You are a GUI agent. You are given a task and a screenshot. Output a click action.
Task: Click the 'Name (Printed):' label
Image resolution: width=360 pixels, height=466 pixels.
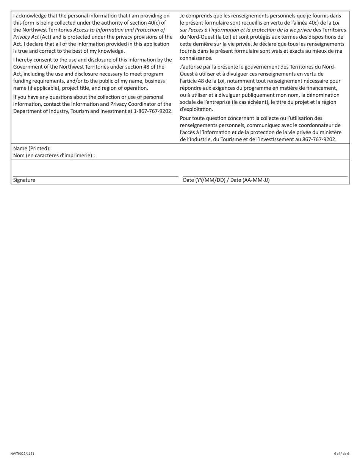click(32, 149)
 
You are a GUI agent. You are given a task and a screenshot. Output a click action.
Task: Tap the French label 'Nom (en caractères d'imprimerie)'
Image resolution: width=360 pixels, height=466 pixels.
click(54, 155)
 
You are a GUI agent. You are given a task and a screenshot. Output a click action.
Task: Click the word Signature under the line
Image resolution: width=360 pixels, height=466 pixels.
click(24, 180)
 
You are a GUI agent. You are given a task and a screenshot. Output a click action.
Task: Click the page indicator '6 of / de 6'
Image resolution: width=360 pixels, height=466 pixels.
click(341, 453)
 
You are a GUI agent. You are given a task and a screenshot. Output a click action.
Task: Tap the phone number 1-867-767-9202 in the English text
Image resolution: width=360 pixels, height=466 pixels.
click(153, 111)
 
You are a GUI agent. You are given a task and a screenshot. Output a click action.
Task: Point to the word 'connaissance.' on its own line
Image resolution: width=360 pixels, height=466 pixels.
click(196, 58)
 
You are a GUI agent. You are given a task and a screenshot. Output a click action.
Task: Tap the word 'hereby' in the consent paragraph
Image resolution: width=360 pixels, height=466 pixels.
click(25, 59)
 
